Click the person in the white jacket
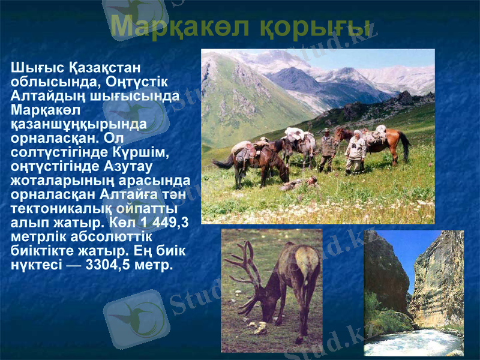pos(355,150)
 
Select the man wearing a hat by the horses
pos(326,149)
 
